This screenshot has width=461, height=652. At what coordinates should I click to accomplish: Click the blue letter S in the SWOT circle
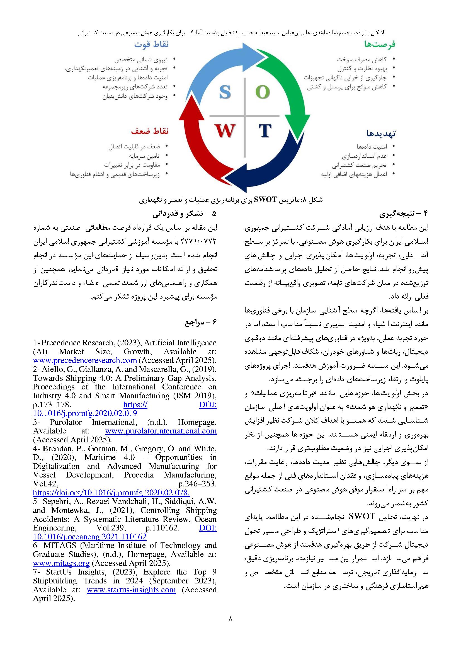click(x=225, y=92)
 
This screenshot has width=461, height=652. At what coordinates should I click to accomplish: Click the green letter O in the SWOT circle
click(x=263, y=92)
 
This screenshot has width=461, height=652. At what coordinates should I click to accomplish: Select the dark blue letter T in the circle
click(x=265, y=131)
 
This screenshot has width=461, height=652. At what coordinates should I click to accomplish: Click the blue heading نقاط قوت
click(x=151, y=45)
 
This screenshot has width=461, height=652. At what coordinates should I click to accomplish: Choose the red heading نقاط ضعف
click(x=150, y=132)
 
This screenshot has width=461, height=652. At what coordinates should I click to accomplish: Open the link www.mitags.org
click(x=61, y=563)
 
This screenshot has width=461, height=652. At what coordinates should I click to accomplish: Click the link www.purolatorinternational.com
click(x=161, y=431)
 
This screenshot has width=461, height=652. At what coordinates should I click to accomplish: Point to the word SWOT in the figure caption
click(x=265, y=200)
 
